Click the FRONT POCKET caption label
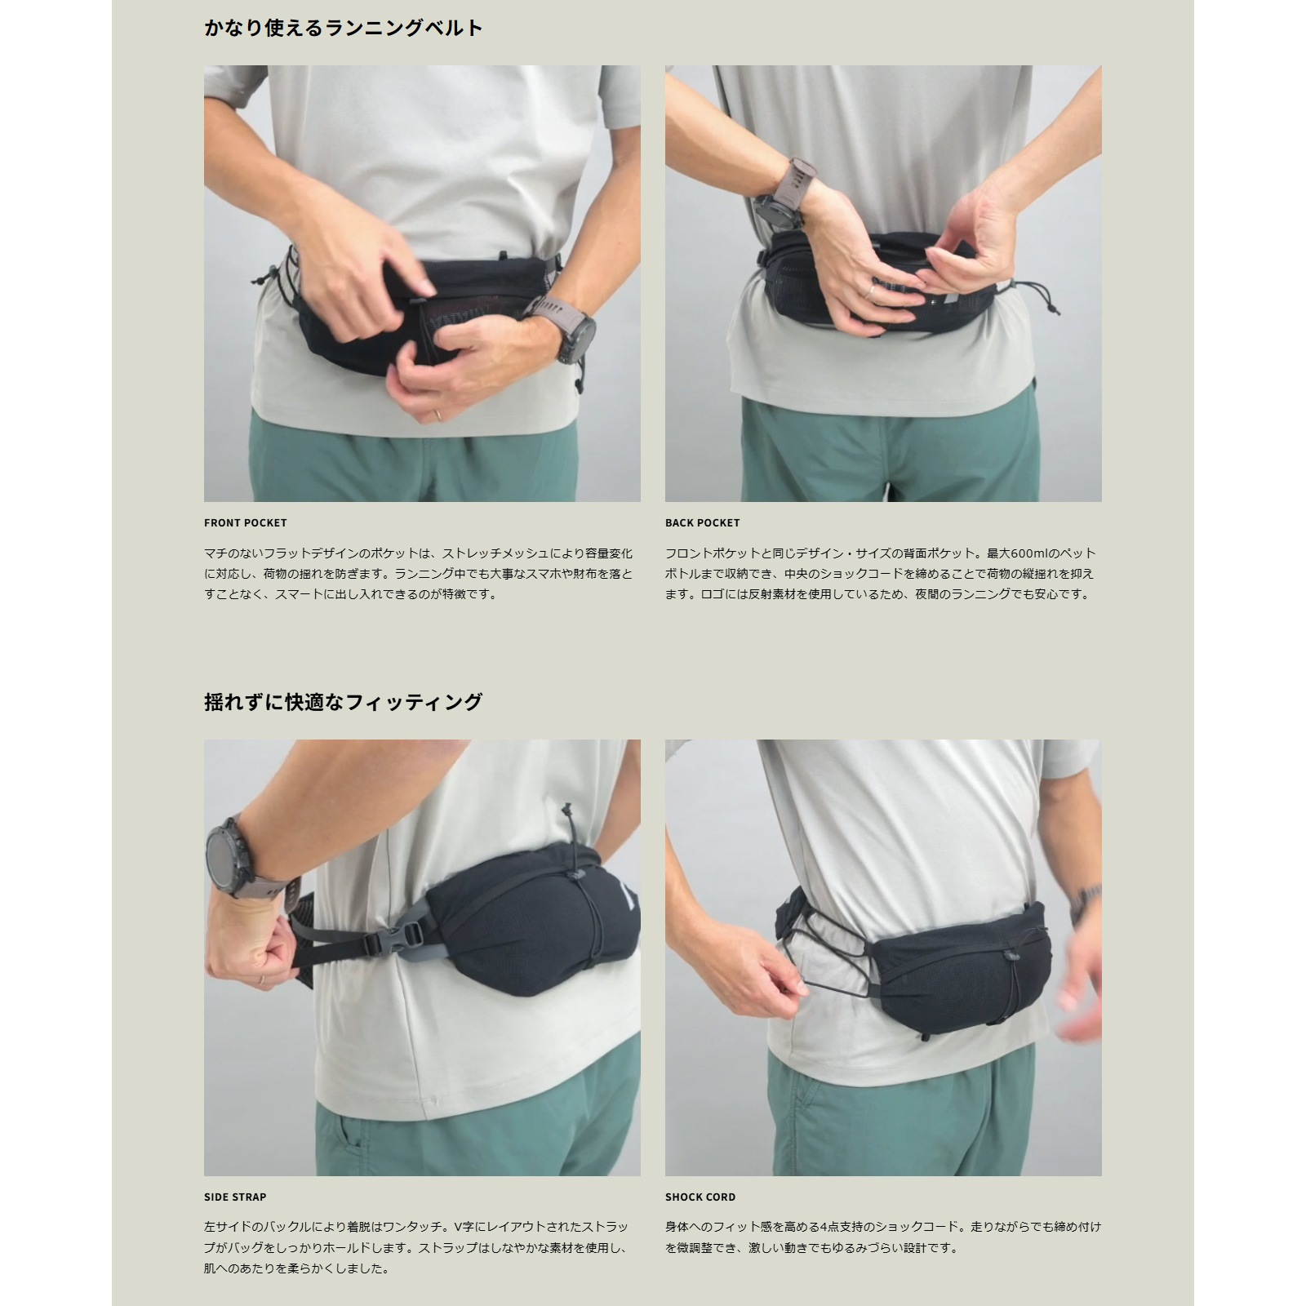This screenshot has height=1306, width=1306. [246, 522]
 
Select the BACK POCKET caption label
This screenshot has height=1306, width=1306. [703, 522]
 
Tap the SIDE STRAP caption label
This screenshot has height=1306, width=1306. [235, 1197]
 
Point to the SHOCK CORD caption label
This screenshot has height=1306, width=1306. [700, 1197]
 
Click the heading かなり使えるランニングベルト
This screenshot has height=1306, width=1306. [344, 29]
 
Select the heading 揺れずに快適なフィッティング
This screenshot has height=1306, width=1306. [344, 702]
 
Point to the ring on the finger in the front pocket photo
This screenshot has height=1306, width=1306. [438, 415]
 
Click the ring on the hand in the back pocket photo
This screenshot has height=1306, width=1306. [873, 291]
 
